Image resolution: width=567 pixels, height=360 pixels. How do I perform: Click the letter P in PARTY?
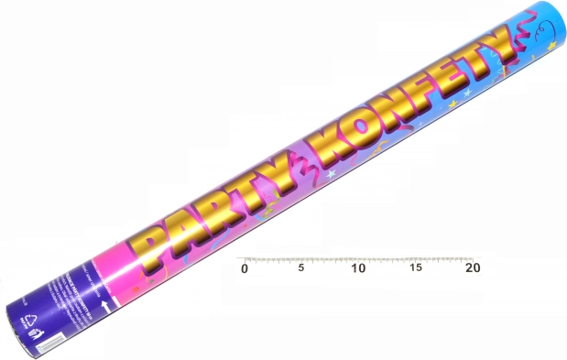[161, 240]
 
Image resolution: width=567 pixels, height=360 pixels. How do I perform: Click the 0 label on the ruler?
[244, 268]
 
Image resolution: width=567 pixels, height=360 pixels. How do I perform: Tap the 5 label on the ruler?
[301, 268]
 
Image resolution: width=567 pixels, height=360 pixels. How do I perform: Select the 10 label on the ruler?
[358, 268]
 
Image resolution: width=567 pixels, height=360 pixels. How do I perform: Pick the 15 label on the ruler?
[416, 268]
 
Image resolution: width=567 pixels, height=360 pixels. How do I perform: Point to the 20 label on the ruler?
[473, 268]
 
